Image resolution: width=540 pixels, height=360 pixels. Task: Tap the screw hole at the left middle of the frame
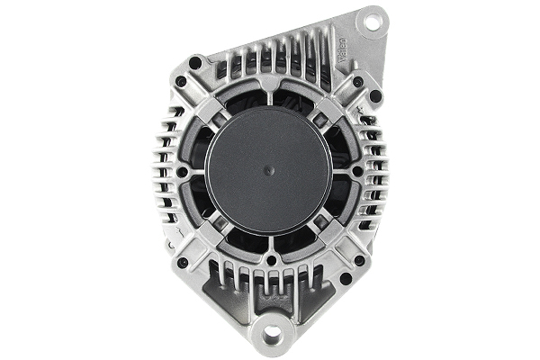tap(182, 171)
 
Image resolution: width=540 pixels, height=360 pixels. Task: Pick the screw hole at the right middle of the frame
tap(357, 170)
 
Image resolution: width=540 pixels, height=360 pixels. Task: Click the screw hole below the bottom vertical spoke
tap(269, 260)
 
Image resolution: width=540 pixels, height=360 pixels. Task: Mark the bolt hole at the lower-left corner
tap(184, 262)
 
